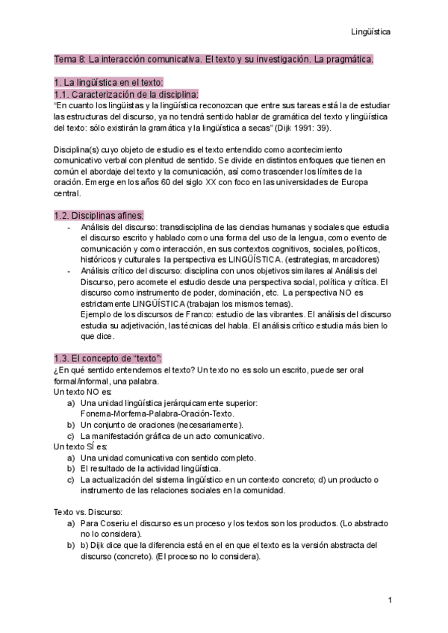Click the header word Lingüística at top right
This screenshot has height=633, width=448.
click(371, 32)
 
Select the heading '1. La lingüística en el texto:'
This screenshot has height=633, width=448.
click(108, 82)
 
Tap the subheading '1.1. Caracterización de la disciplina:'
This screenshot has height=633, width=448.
click(126, 95)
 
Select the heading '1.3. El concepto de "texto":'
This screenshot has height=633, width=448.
click(108, 358)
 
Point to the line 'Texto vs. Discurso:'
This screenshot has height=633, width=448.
click(88, 513)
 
